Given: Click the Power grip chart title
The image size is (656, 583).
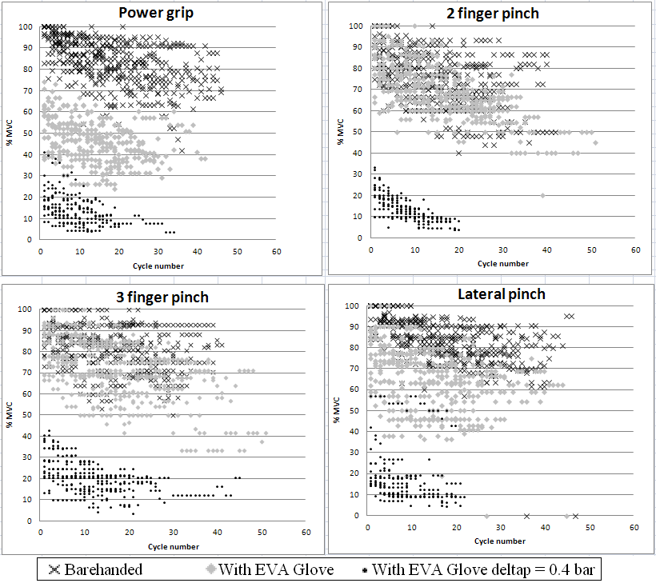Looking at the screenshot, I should tap(158, 14).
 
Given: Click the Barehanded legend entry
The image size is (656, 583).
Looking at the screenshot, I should tap(96, 569).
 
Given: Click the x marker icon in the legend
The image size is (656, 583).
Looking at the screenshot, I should tap(54, 569).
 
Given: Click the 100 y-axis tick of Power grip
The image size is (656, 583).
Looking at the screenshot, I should tap(26, 26).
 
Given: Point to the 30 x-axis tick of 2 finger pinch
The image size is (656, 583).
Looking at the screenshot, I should tap(502, 250).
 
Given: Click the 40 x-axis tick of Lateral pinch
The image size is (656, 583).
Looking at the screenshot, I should tap(545, 528).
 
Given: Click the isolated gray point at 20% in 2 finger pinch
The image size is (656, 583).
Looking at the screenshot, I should tap(542, 195).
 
